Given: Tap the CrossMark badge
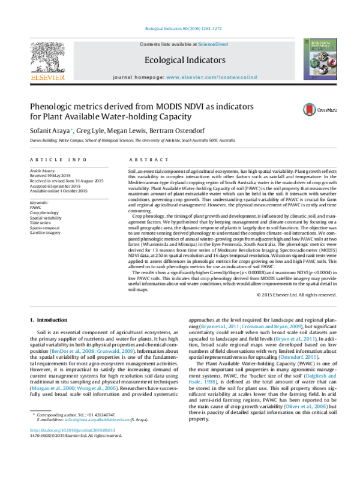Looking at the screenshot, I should pyautogui.click(x=316, y=110).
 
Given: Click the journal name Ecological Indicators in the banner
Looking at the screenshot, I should pyautogui.click(x=177, y=61).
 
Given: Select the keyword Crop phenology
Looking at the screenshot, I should pyautogui.click(x=44, y=213).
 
